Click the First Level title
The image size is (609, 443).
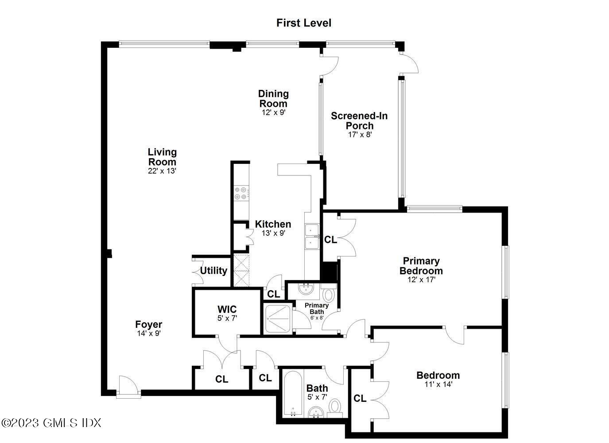pos(304,23)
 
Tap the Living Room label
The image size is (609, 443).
pos(162,157)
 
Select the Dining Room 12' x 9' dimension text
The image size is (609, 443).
pos(273,113)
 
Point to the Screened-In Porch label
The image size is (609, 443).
pos(359,120)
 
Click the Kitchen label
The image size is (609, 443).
pos(273,224)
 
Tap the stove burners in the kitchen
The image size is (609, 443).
pos(240,193)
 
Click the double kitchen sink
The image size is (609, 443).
pos(312,237)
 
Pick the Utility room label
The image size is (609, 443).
pos(213,270)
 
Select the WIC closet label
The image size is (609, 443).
pos(227,309)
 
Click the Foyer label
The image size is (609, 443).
pos(149,324)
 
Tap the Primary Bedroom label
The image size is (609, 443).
pos(421,265)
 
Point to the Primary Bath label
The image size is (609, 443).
pos(317,308)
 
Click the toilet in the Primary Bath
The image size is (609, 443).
pos(328,294)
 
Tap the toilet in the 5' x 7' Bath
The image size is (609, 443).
pos(335,406)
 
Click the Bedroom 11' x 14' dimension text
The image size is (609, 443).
pos(438,385)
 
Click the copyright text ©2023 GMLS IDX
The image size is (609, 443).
pos(51,423)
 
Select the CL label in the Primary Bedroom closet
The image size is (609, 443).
pos(330,240)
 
